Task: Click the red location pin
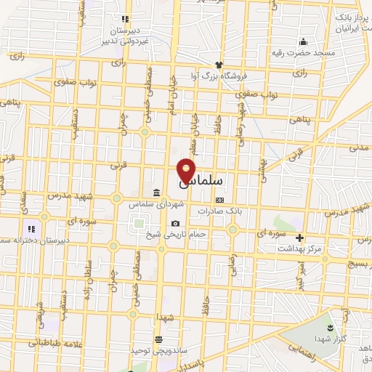[187, 170]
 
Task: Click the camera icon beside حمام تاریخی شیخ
[174, 224]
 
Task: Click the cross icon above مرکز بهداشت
[299, 237]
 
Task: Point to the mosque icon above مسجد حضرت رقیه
[303, 41]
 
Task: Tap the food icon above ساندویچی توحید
[158, 339]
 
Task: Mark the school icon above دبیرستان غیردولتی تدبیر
[125, 19]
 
